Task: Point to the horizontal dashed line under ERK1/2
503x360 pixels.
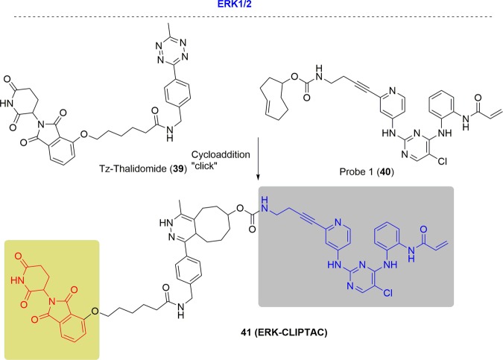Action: [251, 16]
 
